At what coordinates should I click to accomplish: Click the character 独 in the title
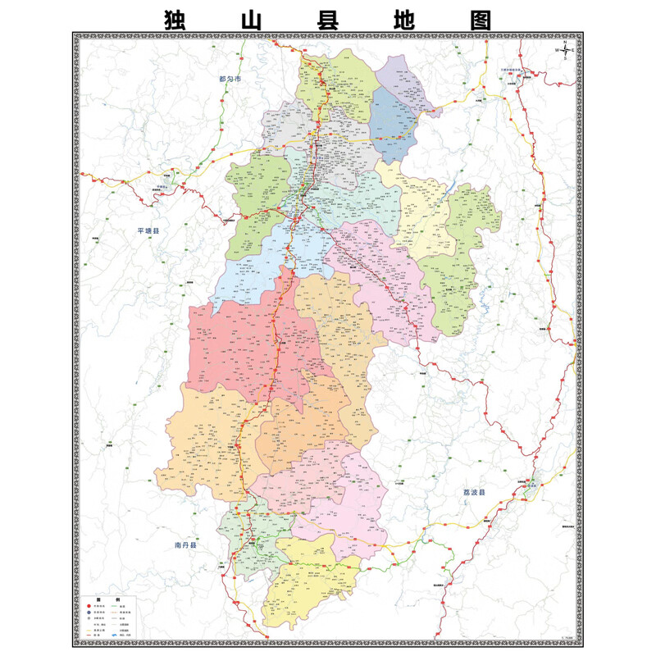coord(180,19)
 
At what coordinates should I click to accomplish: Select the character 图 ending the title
coord(480,19)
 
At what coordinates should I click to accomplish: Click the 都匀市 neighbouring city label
coord(231,80)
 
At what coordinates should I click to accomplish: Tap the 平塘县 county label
coord(148,231)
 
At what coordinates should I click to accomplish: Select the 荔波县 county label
coord(474,493)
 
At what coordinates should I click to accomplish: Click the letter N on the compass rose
coord(565,42)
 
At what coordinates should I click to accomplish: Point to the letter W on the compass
coord(557,50)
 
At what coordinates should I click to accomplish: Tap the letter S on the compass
coord(565,58)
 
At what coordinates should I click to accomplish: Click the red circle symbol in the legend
coord(89,606)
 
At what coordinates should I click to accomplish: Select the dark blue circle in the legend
coord(89,613)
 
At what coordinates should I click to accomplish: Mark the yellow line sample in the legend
coord(89,631)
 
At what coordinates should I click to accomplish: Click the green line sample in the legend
coord(113,606)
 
